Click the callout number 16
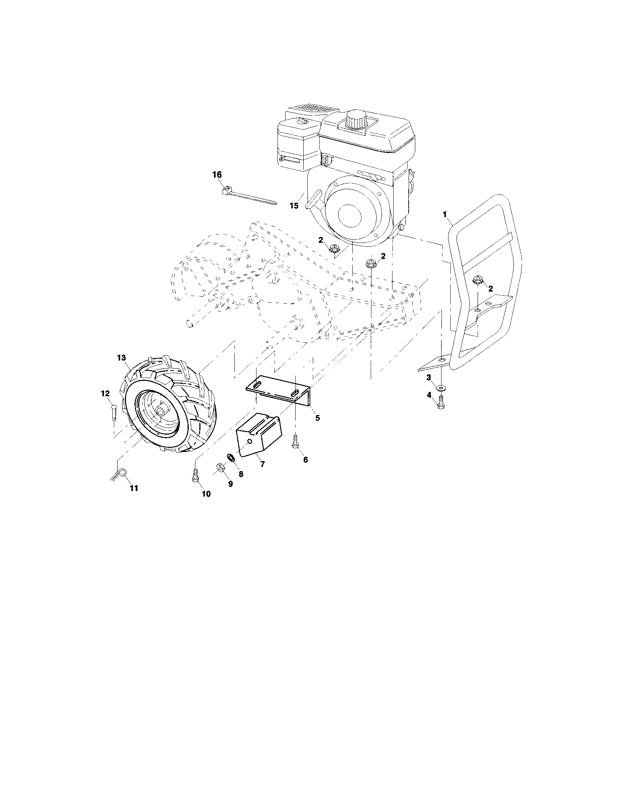[217, 174]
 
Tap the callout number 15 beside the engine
[294, 205]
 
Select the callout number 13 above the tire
[121, 358]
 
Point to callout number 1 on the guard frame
[445, 214]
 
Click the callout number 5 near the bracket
[317, 418]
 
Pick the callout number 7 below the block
[262, 464]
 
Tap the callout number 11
[134, 488]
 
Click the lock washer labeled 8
[230, 458]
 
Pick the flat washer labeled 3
[441, 387]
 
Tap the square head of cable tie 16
[224, 191]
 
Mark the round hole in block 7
[249, 441]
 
